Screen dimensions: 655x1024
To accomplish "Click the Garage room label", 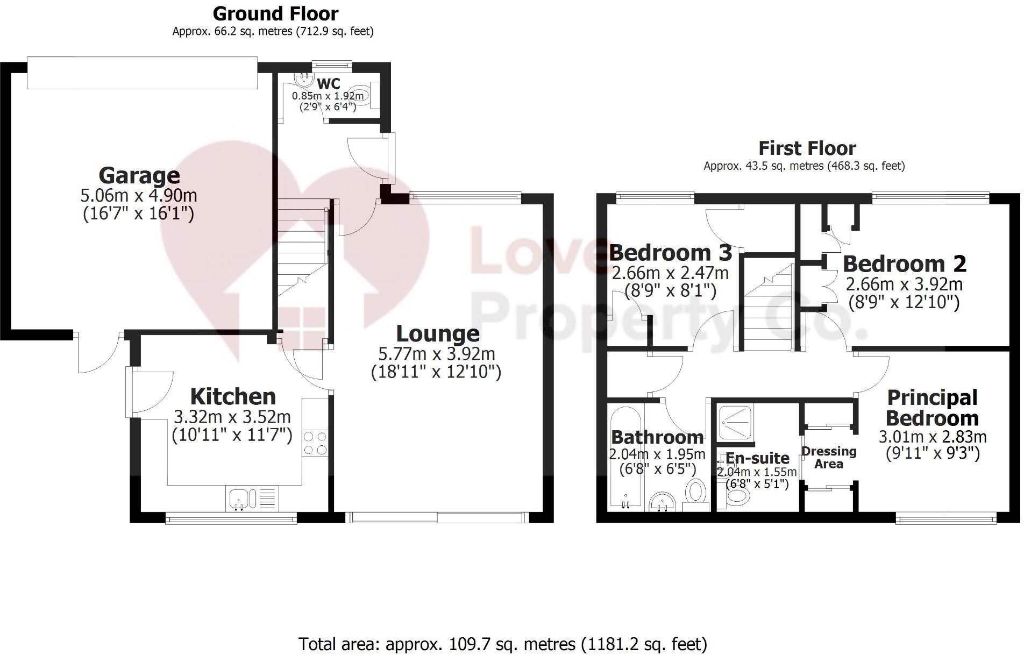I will click(x=139, y=176).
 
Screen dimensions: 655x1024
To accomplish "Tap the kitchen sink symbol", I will click(x=238, y=499).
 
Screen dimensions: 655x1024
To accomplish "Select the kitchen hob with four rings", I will click(x=315, y=443).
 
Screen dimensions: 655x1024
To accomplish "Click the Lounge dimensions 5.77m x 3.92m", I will click(x=437, y=354).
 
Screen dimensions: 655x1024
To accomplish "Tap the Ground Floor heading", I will click(x=275, y=13).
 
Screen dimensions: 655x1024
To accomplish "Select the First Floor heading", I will click(x=807, y=148).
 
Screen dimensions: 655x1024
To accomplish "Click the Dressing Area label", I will click(x=829, y=457).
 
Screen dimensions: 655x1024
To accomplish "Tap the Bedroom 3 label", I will click(x=670, y=252).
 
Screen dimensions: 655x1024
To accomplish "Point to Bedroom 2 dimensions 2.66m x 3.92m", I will click(x=904, y=284).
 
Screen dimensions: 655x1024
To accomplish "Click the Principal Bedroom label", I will click(x=932, y=408).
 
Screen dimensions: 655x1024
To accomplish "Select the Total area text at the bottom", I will click(x=502, y=643).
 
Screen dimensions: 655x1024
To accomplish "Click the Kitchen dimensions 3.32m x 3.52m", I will click(x=232, y=417).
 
